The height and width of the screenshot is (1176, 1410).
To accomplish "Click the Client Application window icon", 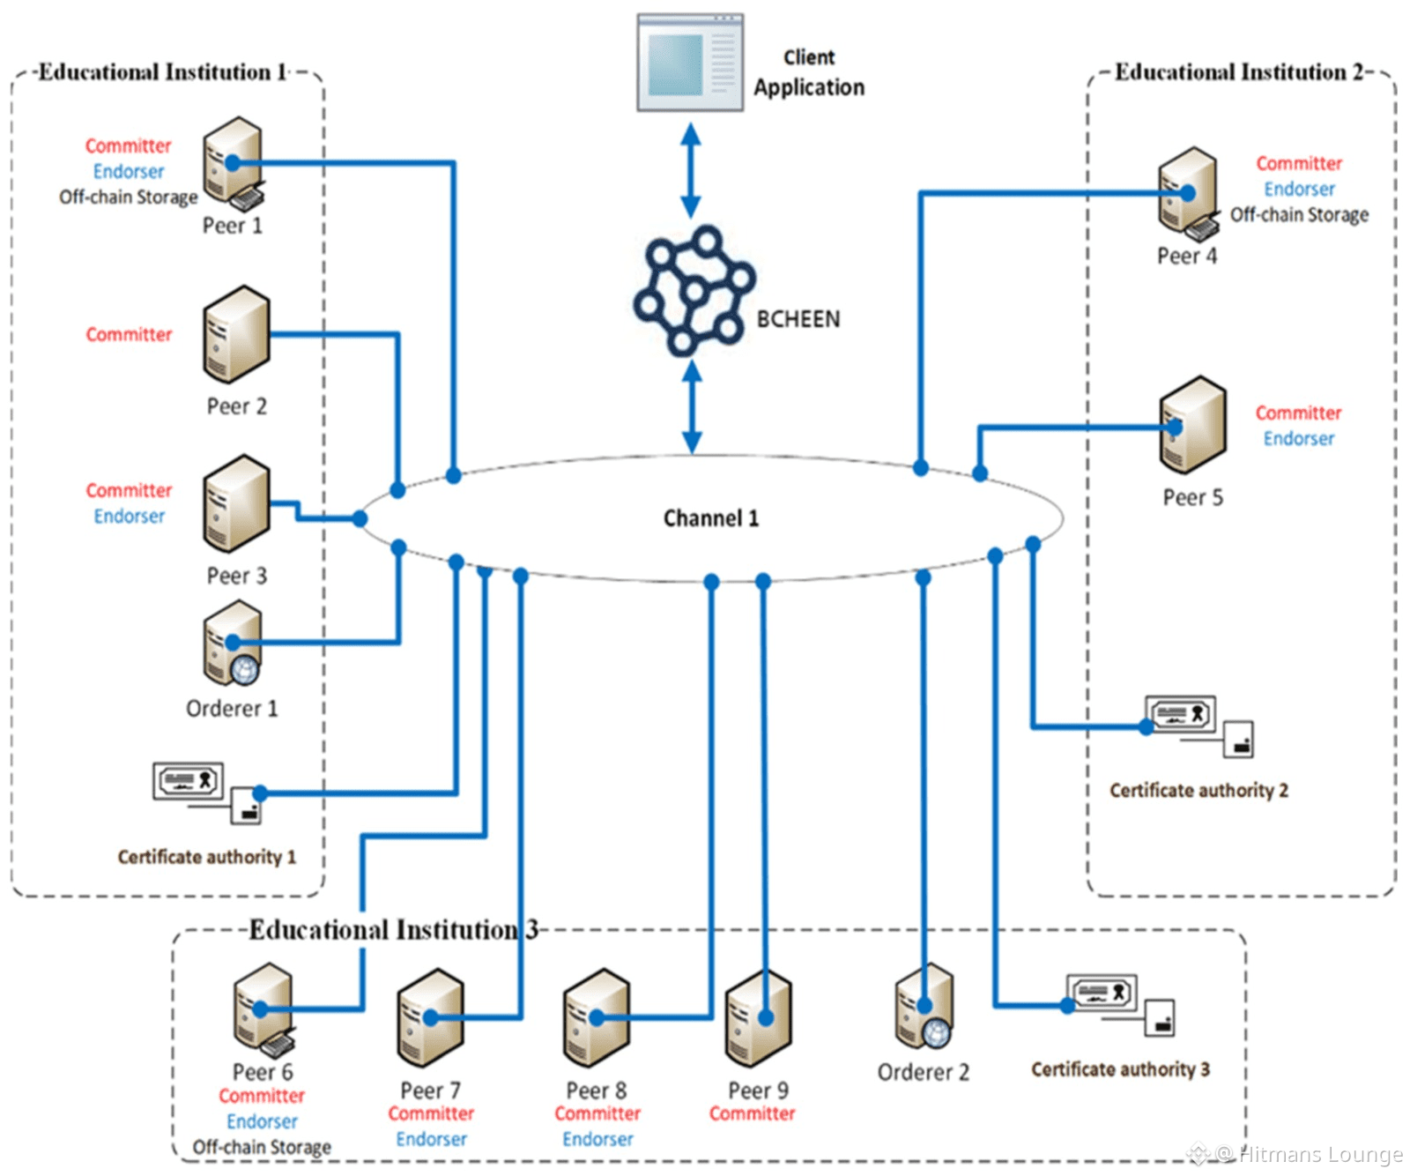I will coord(690,63).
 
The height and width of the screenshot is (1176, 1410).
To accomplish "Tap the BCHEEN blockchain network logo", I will coord(694,292).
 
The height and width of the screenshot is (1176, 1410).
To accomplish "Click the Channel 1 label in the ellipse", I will coord(710,518).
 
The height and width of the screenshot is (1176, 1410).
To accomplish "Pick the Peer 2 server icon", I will coord(236,334).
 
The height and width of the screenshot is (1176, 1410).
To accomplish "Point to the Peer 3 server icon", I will coord(236,503).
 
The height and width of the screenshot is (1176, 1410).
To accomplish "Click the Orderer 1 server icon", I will coord(233,644).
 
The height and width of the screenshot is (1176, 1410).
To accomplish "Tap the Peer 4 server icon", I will coord(1188,193).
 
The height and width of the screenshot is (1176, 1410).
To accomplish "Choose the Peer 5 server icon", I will coord(1192,425).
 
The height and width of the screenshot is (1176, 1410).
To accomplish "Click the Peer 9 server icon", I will coord(758,1017).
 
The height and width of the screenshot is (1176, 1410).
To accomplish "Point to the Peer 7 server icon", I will coord(430,1017).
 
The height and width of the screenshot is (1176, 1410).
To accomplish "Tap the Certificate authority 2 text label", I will coord(1198,791).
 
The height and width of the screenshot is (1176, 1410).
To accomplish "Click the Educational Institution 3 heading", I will coord(393,930).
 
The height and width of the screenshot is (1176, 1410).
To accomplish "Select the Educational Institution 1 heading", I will coord(164,72).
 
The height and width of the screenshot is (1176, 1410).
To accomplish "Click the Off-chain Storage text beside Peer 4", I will coord(1299,215).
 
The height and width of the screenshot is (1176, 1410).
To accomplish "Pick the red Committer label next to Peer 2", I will coord(129,335).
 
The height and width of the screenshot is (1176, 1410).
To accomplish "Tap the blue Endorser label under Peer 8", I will coord(597,1139).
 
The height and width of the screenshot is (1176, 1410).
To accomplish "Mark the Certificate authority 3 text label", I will coord(1120,1069).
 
